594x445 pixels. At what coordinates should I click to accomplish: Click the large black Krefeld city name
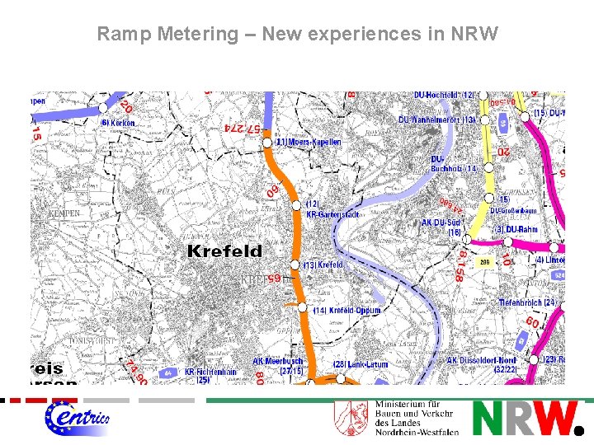point(224,251)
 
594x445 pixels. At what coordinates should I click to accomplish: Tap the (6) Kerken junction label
point(117,123)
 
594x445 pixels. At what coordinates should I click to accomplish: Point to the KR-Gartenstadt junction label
point(321,209)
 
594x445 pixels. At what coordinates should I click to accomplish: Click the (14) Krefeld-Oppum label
point(347,311)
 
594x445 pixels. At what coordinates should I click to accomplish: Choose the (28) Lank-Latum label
point(361,363)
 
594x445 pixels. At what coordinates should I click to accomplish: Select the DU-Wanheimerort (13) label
point(436,119)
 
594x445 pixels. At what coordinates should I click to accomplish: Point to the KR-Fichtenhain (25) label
point(210,376)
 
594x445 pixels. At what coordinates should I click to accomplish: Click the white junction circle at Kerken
point(103,107)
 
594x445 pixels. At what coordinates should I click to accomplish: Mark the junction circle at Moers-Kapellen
point(267,143)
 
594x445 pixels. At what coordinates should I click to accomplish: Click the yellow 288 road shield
point(484,262)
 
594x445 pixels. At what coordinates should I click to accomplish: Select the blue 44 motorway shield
point(169,372)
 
